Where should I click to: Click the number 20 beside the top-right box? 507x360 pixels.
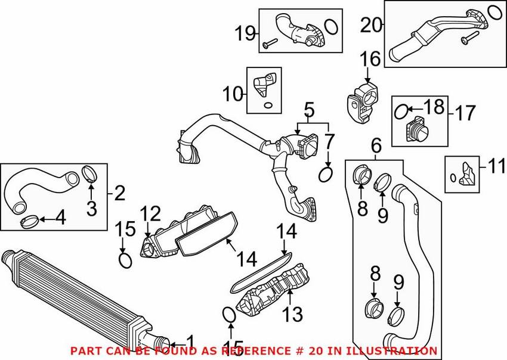point(370,26)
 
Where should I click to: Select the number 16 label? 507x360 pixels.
point(370,59)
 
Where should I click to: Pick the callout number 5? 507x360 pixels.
point(308,110)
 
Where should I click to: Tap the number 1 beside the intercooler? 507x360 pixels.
point(189,342)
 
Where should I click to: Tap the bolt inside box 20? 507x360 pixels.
point(465,39)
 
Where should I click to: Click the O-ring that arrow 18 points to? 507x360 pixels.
point(402,110)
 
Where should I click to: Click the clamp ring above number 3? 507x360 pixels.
point(89,173)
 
